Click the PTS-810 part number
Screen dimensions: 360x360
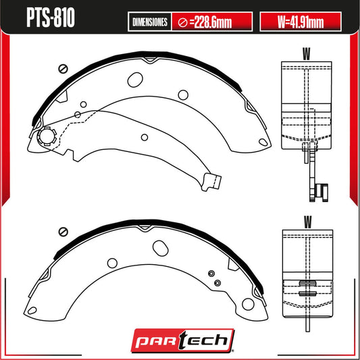pos(51,18)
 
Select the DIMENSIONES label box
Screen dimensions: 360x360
pos(150,22)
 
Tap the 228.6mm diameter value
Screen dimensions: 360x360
pos(211,22)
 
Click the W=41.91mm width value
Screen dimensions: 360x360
pos(301,22)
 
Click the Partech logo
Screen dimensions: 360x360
pos(183,340)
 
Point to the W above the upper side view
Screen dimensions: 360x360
pos(306,54)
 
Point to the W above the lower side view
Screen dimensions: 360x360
pos(307,222)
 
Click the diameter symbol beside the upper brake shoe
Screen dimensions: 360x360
pos(63,68)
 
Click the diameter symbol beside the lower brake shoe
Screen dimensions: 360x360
pos(63,232)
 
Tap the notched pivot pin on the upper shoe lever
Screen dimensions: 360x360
pos(47,136)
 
